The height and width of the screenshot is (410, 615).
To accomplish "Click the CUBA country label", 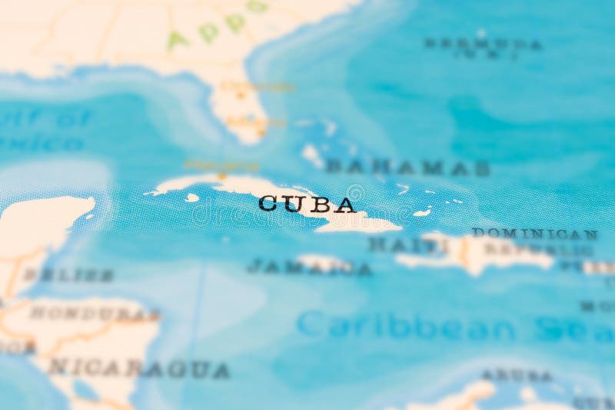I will click(307, 204).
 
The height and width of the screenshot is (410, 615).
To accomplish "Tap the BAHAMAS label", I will click(407, 167).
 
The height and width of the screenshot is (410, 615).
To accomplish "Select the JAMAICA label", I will click(309, 267).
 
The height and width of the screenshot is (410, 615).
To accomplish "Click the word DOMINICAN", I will click(535, 233).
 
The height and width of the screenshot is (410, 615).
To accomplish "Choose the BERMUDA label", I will click(483, 44).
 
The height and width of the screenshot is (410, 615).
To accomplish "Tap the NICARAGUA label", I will click(138, 368).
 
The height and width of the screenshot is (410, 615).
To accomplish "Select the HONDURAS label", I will click(95, 314).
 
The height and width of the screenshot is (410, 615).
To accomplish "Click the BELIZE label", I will click(68, 275).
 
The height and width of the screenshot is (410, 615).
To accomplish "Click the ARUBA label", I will click(517, 375).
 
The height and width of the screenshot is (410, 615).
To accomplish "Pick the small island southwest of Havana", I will click(192, 198).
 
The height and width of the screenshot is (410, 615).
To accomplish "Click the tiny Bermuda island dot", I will click(481, 33).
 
